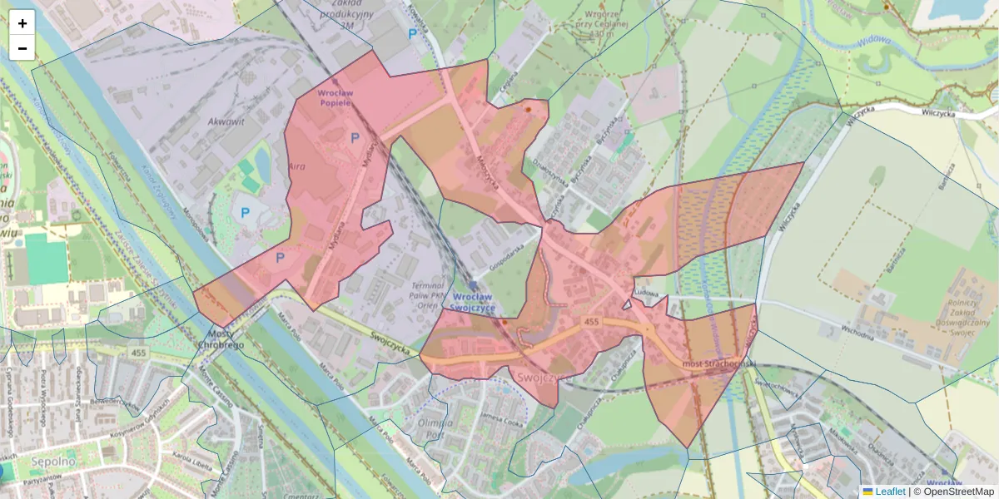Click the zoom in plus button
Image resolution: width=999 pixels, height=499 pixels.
point(22,23)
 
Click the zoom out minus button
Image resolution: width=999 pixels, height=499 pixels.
point(22,48)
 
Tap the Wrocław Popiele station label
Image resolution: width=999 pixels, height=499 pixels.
point(335,98)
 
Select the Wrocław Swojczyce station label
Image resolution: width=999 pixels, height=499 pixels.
point(473,302)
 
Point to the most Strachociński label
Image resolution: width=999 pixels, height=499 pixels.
point(718,364)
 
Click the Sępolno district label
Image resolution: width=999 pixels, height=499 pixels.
point(31,460)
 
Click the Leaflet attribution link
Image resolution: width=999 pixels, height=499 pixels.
point(889,492)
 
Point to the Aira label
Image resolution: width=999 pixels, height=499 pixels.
point(296,166)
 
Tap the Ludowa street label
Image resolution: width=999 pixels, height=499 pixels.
point(646,294)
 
